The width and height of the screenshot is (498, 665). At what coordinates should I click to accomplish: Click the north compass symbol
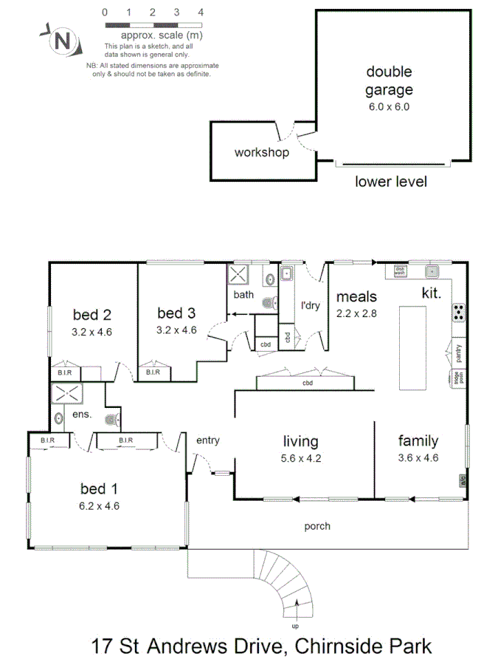point(62,40)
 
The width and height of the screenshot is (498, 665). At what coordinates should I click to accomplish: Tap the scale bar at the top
point(153,24)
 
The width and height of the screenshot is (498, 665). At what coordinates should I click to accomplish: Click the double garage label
point(389,81)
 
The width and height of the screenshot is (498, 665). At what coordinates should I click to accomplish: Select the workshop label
point(261,153)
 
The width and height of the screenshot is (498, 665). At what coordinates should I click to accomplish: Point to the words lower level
point(390,182)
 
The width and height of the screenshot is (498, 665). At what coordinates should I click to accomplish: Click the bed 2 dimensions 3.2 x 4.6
point(92,332)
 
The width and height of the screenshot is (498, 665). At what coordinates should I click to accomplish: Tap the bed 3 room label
point(177,313)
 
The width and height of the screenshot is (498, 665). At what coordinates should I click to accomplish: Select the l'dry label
point(311,304)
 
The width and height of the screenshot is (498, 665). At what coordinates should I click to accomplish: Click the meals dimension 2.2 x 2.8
point(356,313)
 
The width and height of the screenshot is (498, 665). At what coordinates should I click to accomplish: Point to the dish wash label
point(399,270)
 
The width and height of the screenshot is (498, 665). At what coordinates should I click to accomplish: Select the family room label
point(418,441)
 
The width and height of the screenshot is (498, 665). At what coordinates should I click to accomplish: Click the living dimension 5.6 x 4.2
point(301,458)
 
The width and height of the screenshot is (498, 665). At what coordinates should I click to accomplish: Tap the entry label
point(207,440)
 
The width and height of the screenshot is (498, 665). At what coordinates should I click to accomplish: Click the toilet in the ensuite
point(111,420)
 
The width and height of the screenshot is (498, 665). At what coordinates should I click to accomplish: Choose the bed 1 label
point(98,488)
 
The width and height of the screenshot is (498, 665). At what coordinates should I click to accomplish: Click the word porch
point(317,527)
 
